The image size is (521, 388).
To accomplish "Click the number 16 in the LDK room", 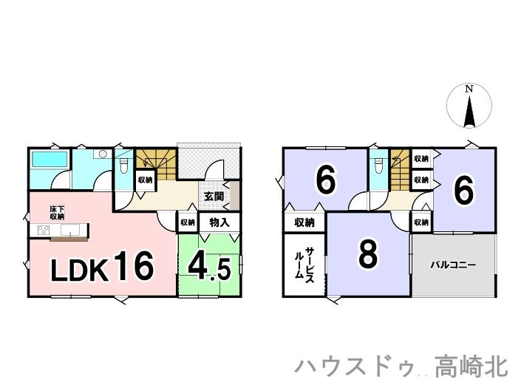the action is point(134,266).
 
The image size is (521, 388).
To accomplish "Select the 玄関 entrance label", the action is point(214,197).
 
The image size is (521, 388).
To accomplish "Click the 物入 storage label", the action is point(219,222).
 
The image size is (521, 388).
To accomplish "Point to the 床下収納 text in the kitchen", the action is point(57,213).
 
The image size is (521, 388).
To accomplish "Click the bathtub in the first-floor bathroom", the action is point(49,159).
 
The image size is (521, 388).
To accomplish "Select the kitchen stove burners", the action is point(44,230).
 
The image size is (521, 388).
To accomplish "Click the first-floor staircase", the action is point(156,164).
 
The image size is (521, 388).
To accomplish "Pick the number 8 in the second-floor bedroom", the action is point(368,254).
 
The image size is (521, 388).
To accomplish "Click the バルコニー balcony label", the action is point(454,265).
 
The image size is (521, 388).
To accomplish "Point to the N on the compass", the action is point(469,89).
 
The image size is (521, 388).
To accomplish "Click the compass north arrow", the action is point(469,112).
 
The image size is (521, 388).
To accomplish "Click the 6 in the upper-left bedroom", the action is point(326,181).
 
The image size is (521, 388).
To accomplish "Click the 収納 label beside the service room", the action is point(304,222).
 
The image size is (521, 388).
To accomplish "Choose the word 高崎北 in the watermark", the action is point(471,367).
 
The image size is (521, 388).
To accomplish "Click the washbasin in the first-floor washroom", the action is point(103,154).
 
